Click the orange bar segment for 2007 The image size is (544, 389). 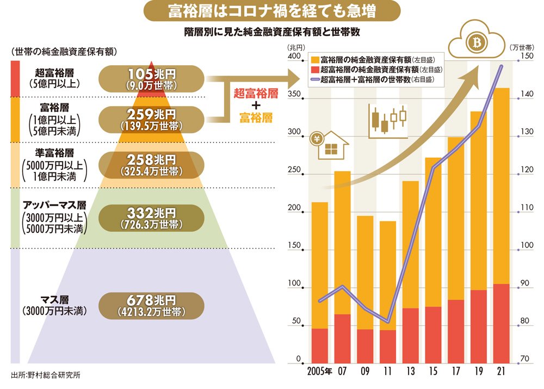click(x=342, y=242)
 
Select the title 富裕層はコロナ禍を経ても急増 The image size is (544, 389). click(x=271, y=11)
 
